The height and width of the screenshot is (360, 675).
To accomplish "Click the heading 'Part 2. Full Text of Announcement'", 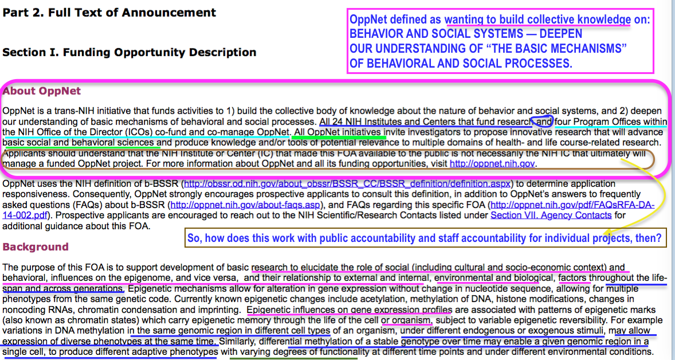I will tap(109, 13).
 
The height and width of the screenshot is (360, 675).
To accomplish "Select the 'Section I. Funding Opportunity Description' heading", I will tap(129, 53).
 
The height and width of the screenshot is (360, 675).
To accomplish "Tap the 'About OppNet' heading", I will tap(42, 91).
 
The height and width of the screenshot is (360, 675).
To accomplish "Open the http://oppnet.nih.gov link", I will tap(492, 164).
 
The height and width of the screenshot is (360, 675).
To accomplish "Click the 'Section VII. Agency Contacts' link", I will tap(551, 216).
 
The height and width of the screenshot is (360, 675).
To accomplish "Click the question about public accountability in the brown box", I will tap(425, 237).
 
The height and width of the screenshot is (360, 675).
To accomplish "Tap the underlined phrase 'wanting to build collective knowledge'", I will tap(537, 19).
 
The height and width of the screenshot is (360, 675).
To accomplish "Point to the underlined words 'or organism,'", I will tap(407, 320).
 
